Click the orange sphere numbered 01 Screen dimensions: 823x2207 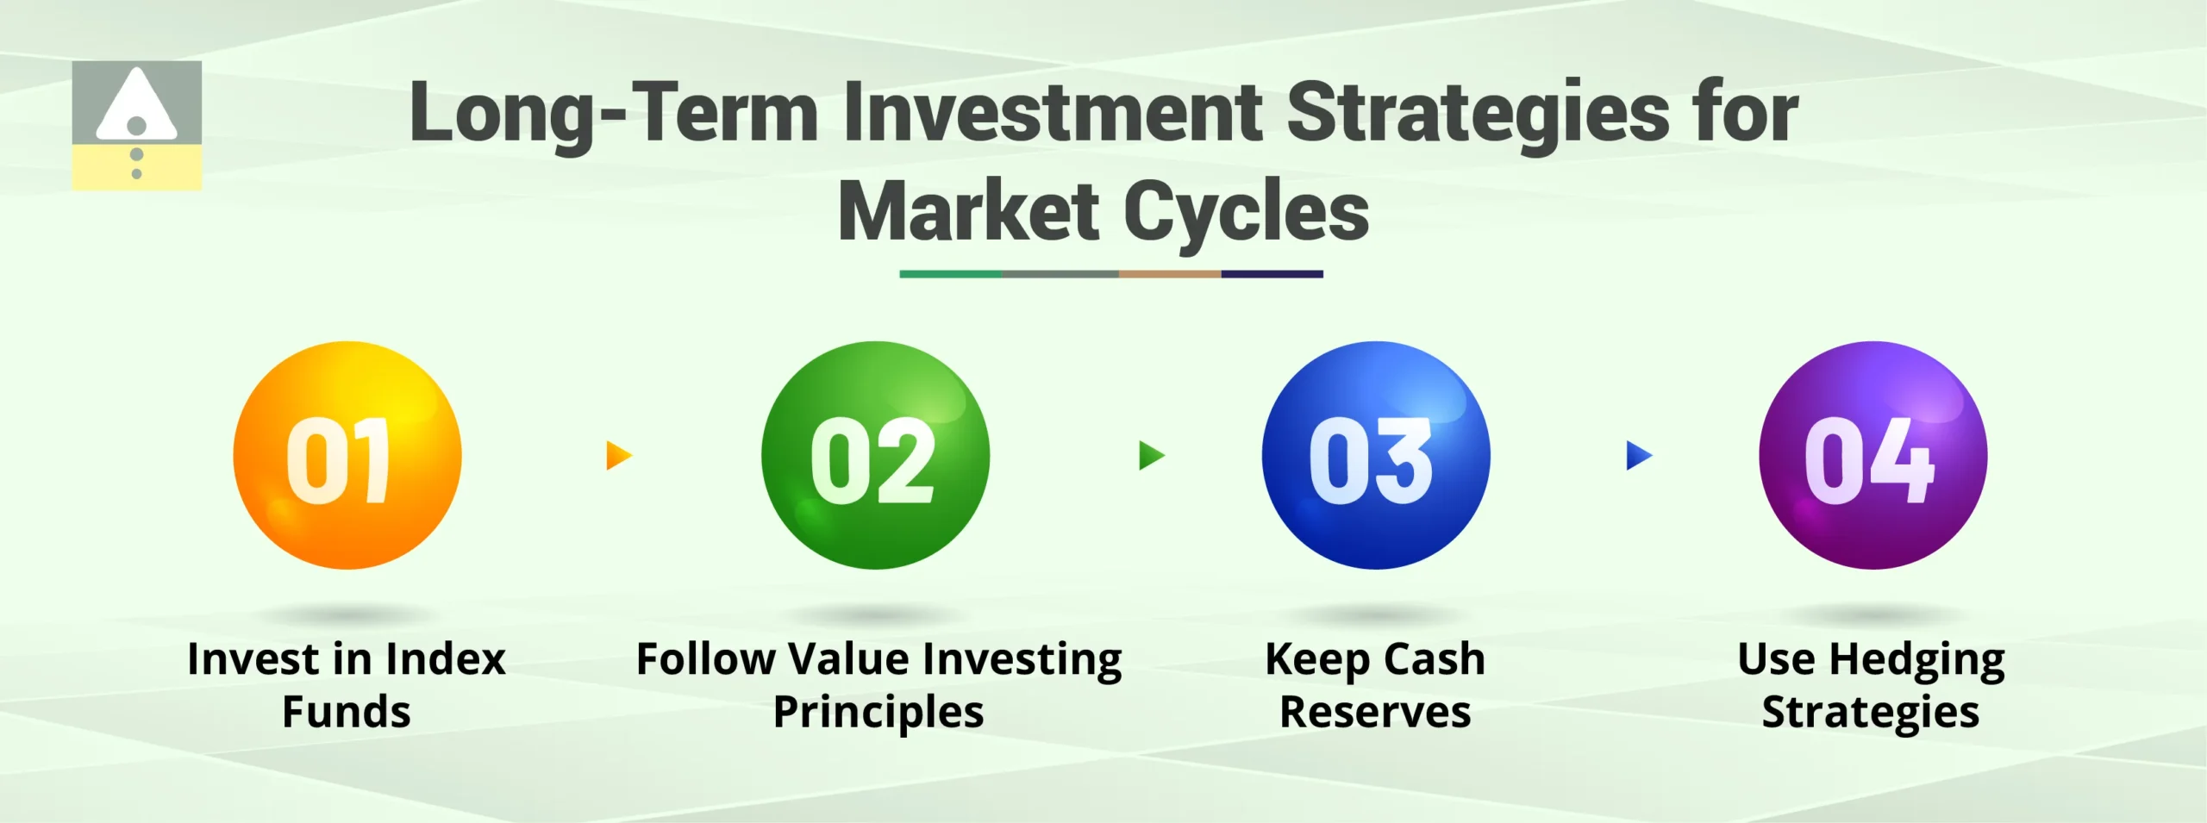(x=347, y=455)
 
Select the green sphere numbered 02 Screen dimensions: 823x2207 (x=875, y=455)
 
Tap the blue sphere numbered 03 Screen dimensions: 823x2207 (x=1375, y=455)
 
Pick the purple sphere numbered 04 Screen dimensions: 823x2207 (x=1873, y=455)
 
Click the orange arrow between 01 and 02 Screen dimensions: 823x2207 (x=618, y=455)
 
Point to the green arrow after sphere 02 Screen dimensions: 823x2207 (x=1151, y=455)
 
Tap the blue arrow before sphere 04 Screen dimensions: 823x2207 (x=1638, y=455)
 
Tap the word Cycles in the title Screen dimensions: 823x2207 (x=1246, y=214)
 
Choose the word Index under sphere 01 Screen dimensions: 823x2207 (x=445, y=659)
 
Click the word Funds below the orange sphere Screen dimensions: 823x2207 (x=347, y=713)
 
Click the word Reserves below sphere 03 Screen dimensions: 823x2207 (x=1375, y=713)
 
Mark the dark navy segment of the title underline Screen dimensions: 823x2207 (x=1272, y=274)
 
